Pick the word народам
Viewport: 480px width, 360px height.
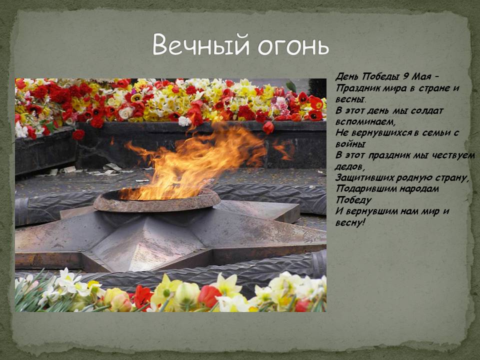[x=417, y=189]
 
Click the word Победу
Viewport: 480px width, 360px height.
[x=353, y=200]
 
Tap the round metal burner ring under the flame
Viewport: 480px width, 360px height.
[x=156, y=200]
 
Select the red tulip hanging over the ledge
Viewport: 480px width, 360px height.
[x=269, y=127]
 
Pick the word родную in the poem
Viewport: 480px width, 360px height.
[x=414, y=177]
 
